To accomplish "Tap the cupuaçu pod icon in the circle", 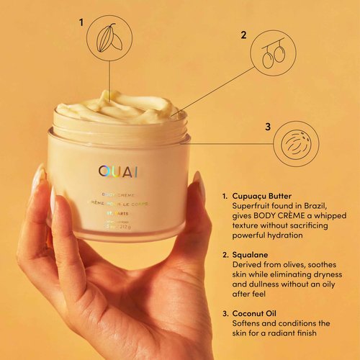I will (x=109, y=37).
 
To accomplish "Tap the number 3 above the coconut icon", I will (x=267, y=127).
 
